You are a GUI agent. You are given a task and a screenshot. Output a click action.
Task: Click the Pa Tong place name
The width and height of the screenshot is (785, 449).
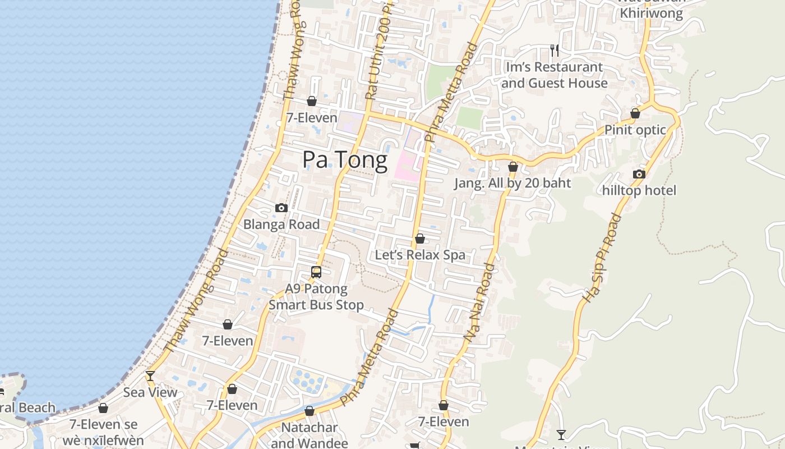point(344,161)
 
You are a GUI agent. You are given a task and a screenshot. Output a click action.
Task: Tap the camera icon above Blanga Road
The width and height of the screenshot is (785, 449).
point(281,208)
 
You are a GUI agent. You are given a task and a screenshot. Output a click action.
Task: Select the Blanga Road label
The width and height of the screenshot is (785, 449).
point(281,224)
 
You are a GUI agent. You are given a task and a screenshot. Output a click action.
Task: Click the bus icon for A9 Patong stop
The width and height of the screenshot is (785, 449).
point(316,272)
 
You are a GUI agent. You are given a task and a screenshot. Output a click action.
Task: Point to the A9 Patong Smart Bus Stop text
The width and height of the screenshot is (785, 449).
point(316,297)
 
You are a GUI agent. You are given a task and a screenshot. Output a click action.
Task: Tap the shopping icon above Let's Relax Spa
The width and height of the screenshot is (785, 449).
point(419,239)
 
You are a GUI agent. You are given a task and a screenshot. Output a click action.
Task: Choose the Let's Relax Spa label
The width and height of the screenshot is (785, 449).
point(420,255)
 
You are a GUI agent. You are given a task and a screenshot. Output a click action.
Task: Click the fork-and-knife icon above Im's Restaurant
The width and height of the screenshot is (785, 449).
point(555,51)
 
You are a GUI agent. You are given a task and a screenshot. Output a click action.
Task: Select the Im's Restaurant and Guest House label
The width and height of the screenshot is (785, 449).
point(555,75)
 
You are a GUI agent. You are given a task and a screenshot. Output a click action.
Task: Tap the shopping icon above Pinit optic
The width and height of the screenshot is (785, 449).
point(635,114)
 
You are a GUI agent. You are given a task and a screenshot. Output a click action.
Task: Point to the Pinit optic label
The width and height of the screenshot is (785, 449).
point(635,130)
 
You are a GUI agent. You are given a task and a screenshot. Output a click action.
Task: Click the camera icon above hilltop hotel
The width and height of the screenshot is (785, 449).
point(639,175)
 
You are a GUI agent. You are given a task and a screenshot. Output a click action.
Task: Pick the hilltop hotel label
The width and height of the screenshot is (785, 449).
point(639,191)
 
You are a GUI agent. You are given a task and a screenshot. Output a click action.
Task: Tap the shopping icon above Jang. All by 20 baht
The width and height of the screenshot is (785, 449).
point(512,167)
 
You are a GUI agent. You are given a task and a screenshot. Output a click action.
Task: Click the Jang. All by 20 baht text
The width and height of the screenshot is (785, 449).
point(512,184)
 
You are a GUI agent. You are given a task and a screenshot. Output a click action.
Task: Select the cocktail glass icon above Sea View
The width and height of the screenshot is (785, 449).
point(150,376)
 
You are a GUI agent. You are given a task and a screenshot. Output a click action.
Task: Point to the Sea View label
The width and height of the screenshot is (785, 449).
point(150,392)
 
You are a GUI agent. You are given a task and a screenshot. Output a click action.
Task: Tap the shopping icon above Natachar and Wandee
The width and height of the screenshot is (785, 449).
point(309,411)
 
